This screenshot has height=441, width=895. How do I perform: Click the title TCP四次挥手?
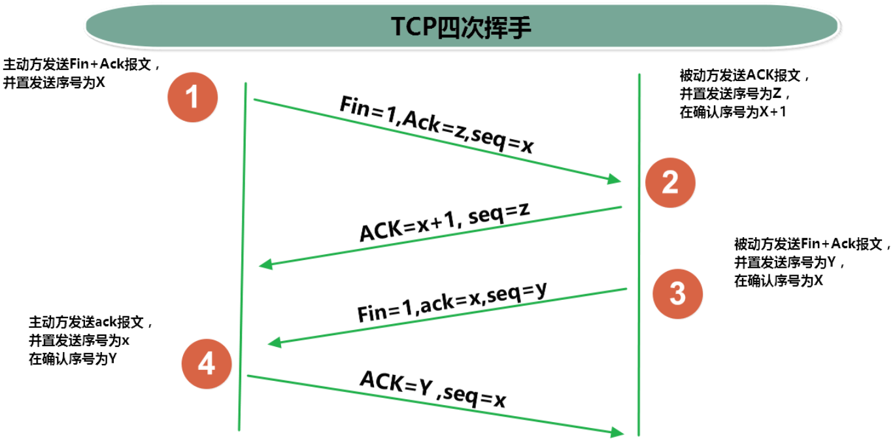point(462,27)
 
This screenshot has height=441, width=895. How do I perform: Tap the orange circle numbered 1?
point(192,98)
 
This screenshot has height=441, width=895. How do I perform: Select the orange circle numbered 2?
point(670,183)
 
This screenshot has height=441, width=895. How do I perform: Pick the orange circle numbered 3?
point(678,293)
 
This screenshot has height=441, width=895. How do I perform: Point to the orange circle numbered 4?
point(207,363)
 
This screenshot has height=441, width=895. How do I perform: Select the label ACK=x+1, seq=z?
point(444,223)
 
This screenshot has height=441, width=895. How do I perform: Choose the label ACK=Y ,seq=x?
point(433,390)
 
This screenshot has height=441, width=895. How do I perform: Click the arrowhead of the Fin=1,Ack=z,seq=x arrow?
point(614,179)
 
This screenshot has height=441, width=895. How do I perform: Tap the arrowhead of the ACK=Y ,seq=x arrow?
point(616,432)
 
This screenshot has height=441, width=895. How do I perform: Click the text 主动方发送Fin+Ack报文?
point(82,66)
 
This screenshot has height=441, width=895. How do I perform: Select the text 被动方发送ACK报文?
point(745,75)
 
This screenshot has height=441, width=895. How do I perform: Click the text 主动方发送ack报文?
point(91,323)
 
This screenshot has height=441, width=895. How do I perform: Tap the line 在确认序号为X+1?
point(733,112)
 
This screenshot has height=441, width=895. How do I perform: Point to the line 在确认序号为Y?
point(73,359)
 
